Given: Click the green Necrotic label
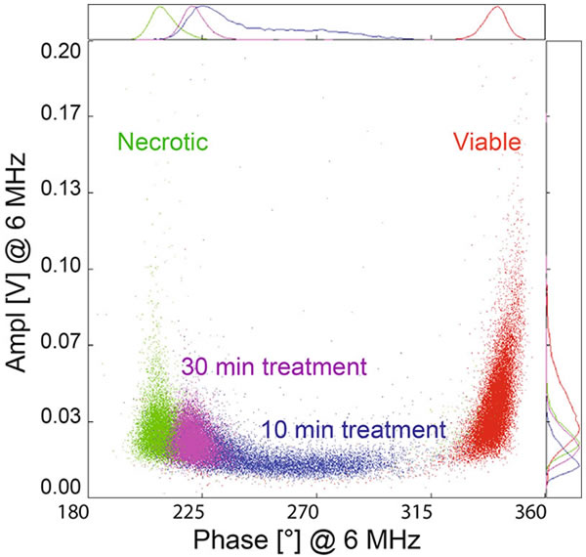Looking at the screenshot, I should coord(163,142).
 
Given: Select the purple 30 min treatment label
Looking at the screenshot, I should coord(272,367).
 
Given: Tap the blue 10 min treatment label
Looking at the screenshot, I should coord(353,428).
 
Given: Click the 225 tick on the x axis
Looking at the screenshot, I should coord(198,511).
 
